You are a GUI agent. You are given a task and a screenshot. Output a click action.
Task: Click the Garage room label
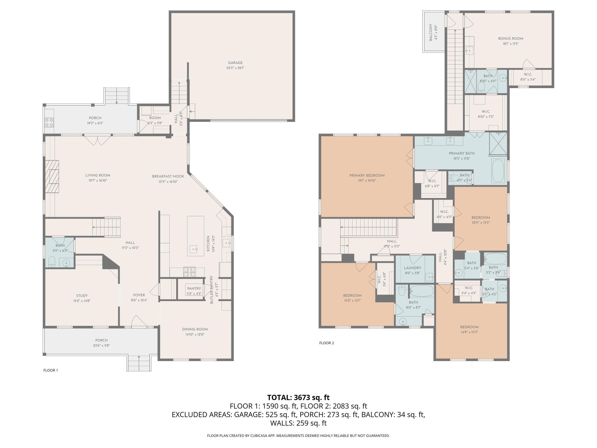coord(235,63)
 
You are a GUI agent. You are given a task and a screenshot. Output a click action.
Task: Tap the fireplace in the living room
coord(52,177)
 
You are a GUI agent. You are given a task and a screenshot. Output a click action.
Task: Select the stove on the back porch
coord(49,122)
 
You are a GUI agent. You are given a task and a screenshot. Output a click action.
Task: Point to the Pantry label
coord(194,289)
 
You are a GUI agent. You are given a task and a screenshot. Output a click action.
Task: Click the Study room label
coord(81,296)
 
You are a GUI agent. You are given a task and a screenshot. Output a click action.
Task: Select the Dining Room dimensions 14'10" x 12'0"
coord(195,335)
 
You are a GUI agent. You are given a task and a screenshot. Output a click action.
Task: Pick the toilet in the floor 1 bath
coord(52,262)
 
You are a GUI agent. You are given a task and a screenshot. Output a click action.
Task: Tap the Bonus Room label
coord(510,39)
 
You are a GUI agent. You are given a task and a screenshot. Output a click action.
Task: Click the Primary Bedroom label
coord(367,175)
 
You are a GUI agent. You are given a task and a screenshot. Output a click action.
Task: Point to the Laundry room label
coord(412,268)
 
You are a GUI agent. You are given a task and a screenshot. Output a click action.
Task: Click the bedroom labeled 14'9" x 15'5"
coord(469,327)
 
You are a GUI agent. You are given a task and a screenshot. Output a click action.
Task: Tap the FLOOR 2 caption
coord(327,343)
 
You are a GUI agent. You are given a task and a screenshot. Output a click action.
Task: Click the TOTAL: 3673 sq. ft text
coord(298,398)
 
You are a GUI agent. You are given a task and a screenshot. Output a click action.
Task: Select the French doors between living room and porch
coord(98,140)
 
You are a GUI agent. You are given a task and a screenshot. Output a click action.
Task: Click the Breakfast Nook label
coord(168,176)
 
